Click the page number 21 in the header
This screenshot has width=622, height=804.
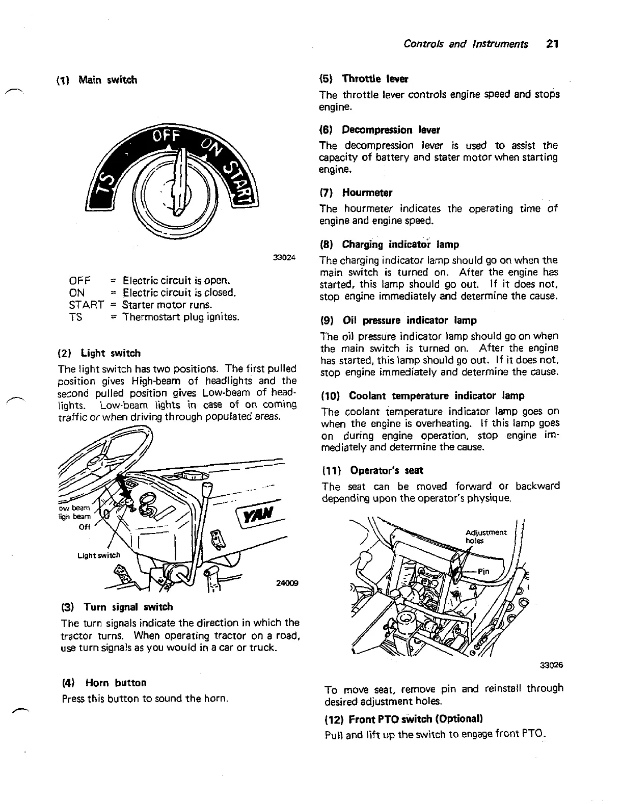[552, 44]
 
